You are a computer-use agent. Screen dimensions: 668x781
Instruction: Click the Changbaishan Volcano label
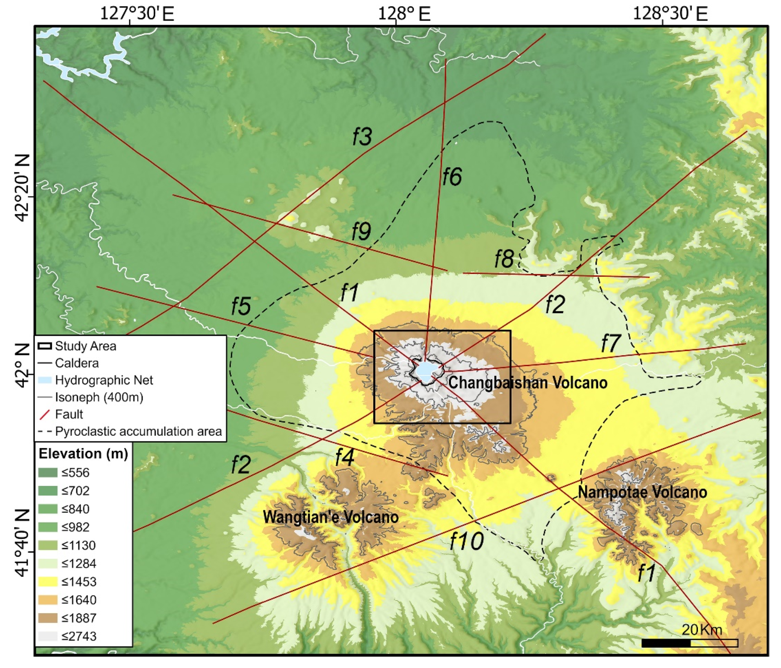click(528, 383)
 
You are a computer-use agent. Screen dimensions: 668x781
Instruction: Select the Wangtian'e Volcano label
click(331, 517)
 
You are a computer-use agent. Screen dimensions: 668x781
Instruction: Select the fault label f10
click(467, 541)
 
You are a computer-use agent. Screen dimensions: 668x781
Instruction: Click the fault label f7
click(611, 343)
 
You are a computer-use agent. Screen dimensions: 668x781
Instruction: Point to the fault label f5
click(241, 306)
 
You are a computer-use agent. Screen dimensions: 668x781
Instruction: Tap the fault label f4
click(344, 458)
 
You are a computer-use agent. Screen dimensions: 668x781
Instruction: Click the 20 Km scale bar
click(689, 643)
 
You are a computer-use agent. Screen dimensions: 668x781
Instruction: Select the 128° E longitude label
click(404, 14)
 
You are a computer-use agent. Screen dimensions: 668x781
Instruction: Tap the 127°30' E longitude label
click(136, 14)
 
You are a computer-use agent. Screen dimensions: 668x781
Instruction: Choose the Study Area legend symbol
click(45, 346)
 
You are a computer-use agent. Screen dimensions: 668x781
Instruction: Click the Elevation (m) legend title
click(83, 454)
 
